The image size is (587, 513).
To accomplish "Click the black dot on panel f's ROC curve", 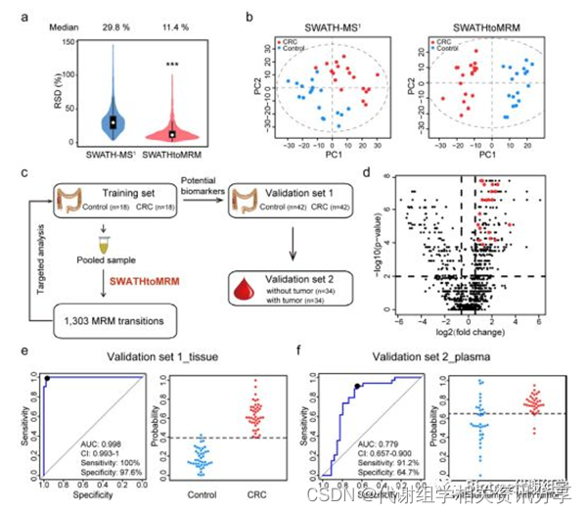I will [357, 386].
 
